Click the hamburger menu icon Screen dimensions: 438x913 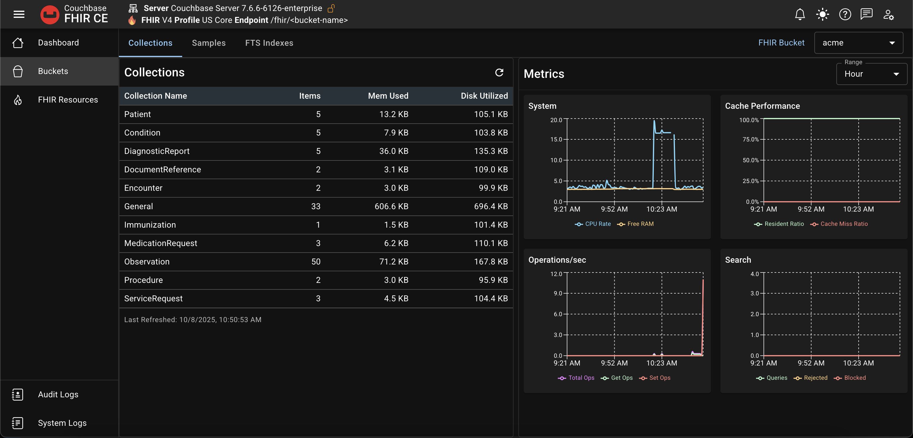click(19, 14)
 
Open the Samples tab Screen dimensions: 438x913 click(208, 43)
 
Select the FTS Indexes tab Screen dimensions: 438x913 click(269, 43)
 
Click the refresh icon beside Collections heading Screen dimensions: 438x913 click(499, 73)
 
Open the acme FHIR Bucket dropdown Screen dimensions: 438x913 click(858, 43)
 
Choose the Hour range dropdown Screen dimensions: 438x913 click(871, 74)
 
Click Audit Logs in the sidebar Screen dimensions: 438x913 click(58, 394)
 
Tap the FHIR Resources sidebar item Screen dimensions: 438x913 click(68, 100)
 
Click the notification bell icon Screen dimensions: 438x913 click(799, 15)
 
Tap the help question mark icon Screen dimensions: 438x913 click(845, 15)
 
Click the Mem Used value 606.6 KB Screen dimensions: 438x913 click(391, 206)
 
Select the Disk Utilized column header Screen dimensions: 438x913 click(484, 96)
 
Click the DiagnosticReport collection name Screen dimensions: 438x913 click(157, 151)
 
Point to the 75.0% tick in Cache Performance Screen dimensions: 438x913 click(750, 139)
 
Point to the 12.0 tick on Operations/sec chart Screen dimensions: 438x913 click(556, 274)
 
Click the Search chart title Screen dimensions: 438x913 click(738, 260)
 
